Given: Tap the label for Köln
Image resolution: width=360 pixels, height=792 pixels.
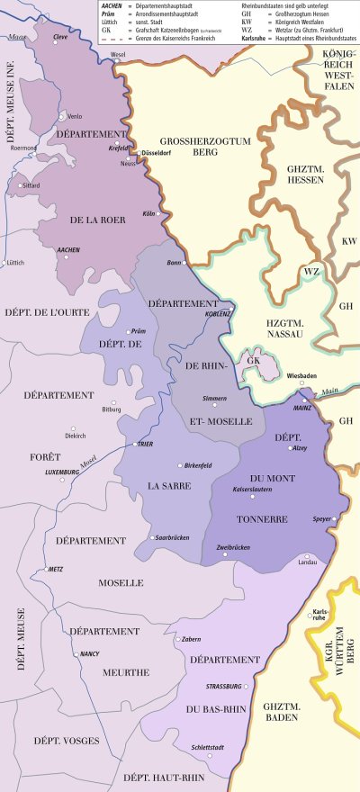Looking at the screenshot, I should coord(149,213).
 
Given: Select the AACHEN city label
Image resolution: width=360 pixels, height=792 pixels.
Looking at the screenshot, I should coord(68,249).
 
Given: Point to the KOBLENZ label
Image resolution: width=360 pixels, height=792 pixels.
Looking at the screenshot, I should coord(219,314).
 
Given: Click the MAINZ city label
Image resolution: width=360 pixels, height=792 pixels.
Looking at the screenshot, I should coord(302,408).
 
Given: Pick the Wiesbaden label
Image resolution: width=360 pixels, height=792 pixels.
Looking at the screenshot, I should coord(301,375).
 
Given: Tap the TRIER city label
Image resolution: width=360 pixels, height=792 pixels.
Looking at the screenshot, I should coord(145,444).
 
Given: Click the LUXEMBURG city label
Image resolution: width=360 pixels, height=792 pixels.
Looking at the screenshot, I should coord(62,471).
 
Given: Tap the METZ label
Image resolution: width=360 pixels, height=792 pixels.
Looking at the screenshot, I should coord(56,570).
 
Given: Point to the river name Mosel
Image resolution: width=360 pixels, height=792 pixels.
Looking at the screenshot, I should coord(88,463).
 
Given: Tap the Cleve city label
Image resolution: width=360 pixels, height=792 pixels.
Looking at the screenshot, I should coord(61,38).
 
